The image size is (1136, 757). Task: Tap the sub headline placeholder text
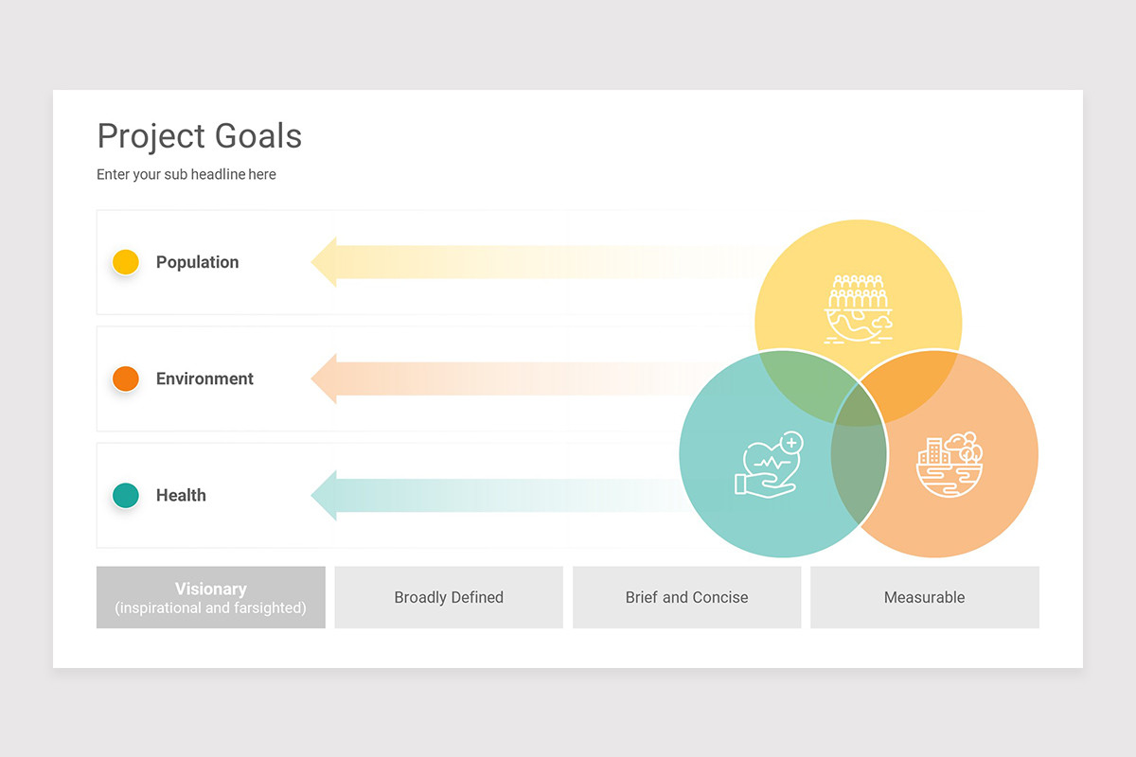186,174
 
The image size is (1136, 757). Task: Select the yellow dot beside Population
126,262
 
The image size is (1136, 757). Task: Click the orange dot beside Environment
126,378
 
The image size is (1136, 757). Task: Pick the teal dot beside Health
126,495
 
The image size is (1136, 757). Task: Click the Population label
197,262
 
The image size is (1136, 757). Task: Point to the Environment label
204,378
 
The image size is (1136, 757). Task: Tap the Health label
181,495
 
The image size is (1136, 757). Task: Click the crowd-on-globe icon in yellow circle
858,308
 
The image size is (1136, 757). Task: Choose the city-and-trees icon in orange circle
950,464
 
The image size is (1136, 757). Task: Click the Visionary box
211,597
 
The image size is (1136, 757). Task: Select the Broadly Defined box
449,597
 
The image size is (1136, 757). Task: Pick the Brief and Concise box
686,597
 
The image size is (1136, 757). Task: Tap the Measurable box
924,597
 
